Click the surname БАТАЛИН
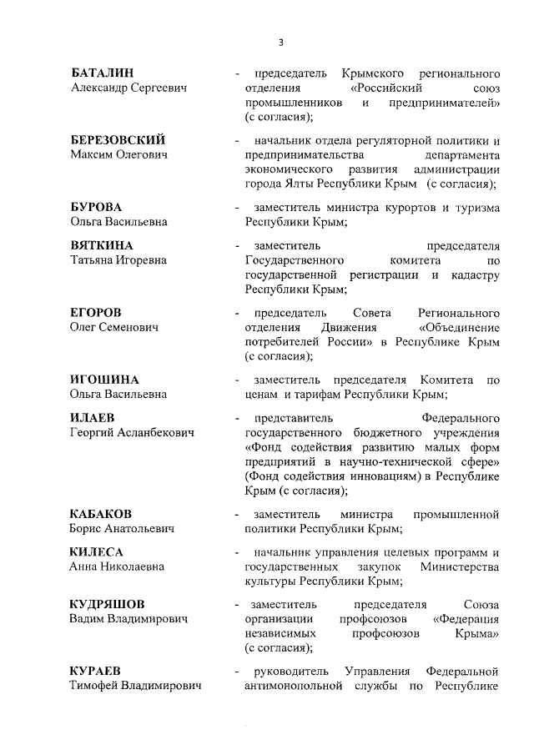coord(103,73)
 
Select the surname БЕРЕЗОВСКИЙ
coord(118,139)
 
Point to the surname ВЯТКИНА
coord(102,245)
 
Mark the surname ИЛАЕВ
coord(93,417)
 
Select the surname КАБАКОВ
coord(101,513)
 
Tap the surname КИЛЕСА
coord(97,552)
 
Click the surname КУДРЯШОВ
coord(108,604)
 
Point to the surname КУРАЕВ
coord(98,671)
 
